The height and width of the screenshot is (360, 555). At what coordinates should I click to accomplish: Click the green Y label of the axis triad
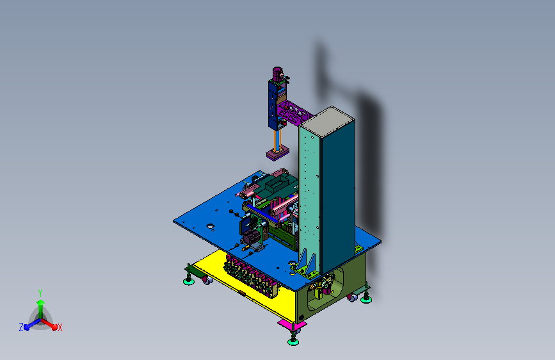click(40, 293)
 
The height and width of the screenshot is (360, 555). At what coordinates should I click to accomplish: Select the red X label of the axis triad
click(60, 328)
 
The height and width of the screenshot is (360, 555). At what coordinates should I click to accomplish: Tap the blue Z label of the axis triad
click(21, 327)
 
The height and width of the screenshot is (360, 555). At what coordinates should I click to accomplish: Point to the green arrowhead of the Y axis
click(41, 302)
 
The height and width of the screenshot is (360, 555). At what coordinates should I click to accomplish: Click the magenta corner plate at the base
click(292, 324)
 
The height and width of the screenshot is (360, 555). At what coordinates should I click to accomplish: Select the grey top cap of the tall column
click(327, 122)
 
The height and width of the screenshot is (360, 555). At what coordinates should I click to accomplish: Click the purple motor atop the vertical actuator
click(278, 74)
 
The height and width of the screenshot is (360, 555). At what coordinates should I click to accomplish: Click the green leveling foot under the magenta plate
click(293, 341)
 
